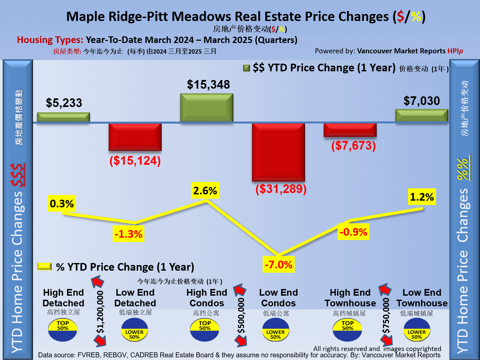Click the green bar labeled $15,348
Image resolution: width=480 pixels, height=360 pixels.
coord(207,107)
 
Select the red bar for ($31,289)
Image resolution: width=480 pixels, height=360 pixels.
coord(278,152)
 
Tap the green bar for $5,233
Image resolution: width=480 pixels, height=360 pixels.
coord(63,117)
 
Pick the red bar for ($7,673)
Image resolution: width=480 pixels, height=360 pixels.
coord(350,130)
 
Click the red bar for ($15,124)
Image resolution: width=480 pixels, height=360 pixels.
coord(135,137)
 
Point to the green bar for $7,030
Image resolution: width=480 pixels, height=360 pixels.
coord(422,115)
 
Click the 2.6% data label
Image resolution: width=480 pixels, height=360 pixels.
coord(205,191)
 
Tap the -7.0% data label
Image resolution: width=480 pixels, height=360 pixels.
coord(278,265)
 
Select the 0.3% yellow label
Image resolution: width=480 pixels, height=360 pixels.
coord(62,204)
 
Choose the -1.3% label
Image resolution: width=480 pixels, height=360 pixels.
coord(128,234)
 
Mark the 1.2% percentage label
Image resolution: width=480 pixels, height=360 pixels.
coord(422,197)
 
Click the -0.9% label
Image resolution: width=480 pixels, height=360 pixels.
coord(353,232)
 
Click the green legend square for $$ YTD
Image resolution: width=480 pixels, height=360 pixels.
coord(247,68)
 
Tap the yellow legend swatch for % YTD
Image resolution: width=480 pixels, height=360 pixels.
coord(44,266)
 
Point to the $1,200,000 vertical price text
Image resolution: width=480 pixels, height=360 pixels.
coord(100,312)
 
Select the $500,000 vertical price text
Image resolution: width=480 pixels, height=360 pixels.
coord(241,315)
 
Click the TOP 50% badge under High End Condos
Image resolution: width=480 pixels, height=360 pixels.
coord(205,330)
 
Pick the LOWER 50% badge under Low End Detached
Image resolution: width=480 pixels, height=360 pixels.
coord(134,330)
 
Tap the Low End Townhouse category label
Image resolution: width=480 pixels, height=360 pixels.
coord(422,298)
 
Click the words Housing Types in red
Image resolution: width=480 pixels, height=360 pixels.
coord(50,40)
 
